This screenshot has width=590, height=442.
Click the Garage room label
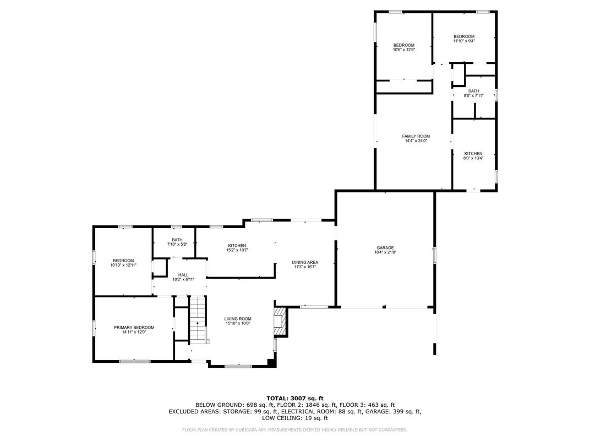[x=385, y=247]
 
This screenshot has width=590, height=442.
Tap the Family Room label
[x=416, y=136]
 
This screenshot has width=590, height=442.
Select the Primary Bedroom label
[x=134, y=327]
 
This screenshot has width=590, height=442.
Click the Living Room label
[x=238, y=318]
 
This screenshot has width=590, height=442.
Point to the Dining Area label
[x=305, y=262]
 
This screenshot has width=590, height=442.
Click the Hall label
[x=183, y=275]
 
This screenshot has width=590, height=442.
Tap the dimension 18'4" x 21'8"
[x=385, y=252]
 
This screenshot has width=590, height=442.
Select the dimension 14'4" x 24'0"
[x=416, y=141]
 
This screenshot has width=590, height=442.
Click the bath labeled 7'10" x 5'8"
[x=177, y=242]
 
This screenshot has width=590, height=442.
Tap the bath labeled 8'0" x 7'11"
[x=473, y=93]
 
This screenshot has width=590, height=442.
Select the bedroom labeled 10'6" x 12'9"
[x=403, y=47]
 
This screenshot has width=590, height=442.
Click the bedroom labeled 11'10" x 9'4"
[x=463, y=38]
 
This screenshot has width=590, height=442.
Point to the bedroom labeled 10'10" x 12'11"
[x=123, y=263]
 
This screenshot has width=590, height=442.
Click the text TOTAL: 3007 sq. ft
[x=295, y=397]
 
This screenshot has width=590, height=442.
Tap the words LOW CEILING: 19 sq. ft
[x=295, y=418]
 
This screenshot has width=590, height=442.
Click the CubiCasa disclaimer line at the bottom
[x=295, y=429]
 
